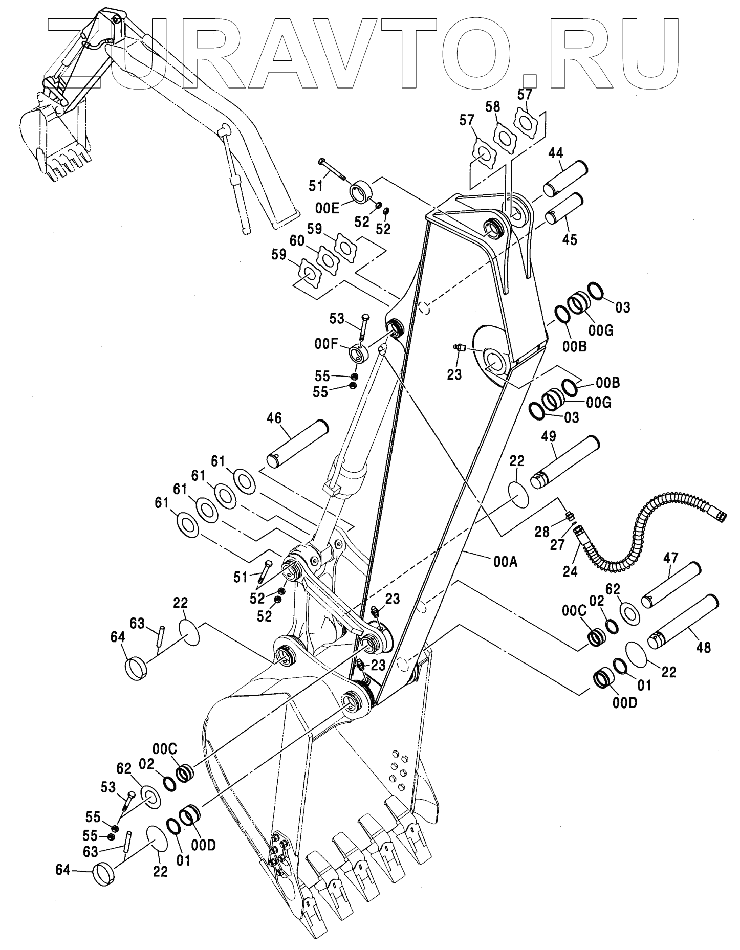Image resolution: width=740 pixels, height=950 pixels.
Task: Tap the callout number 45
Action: (x=570, y=239)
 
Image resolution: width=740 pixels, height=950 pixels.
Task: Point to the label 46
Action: (x=274, y=418)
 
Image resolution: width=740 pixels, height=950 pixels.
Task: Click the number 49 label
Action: (x=550, y=436)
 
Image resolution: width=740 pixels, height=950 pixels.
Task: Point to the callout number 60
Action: (x=297, y=240)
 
